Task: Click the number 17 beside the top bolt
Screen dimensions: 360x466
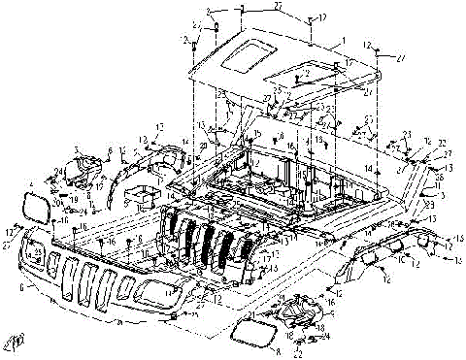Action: pyautogui.click(x=322, y=16)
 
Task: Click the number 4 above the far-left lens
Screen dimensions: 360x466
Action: pyautogui.click(x=31, y=182)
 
